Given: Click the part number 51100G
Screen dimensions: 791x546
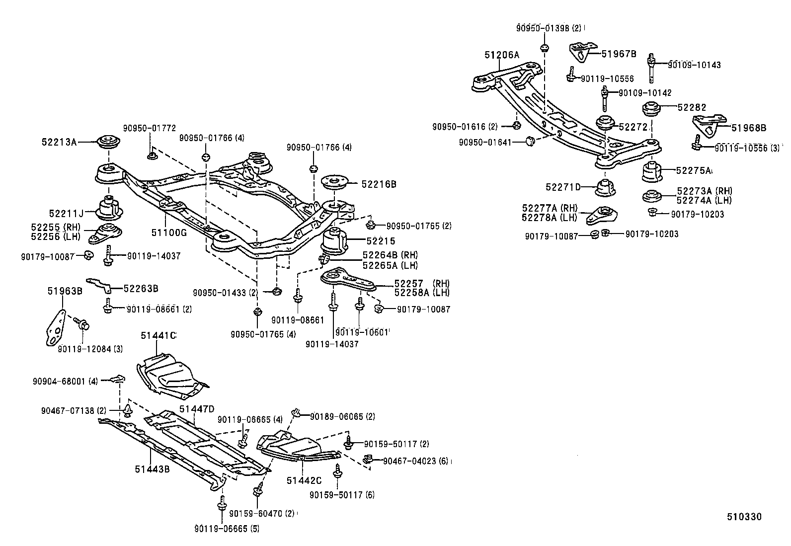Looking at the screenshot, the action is (x=169, y=233).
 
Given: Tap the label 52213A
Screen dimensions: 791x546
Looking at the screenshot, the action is (x=59, y=142).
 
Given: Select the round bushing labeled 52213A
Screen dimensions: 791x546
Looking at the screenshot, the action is (x=108, y=143).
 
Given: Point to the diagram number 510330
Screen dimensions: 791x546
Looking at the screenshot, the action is (x=744, y=517).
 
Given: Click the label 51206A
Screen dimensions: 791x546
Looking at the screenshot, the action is (x=502, y=55).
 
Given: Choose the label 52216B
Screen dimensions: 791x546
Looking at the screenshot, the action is (x=379, y=184).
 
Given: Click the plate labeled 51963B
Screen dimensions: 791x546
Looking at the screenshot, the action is (x=56, y=327).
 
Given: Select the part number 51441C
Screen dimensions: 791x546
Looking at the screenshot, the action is (x=158, y=335).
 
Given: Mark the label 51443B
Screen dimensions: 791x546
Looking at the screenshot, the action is (x=152, y=469).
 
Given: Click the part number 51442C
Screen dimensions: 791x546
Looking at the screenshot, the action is (x=304, y=480).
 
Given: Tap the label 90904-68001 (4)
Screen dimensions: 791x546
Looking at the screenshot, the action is (x=65, y=382).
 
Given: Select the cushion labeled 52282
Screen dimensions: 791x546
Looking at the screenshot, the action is (x=652, y=109).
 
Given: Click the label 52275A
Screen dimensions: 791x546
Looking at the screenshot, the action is (x=693, y=170).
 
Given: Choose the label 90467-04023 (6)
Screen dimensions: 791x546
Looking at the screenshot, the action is (x=416, y=461).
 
